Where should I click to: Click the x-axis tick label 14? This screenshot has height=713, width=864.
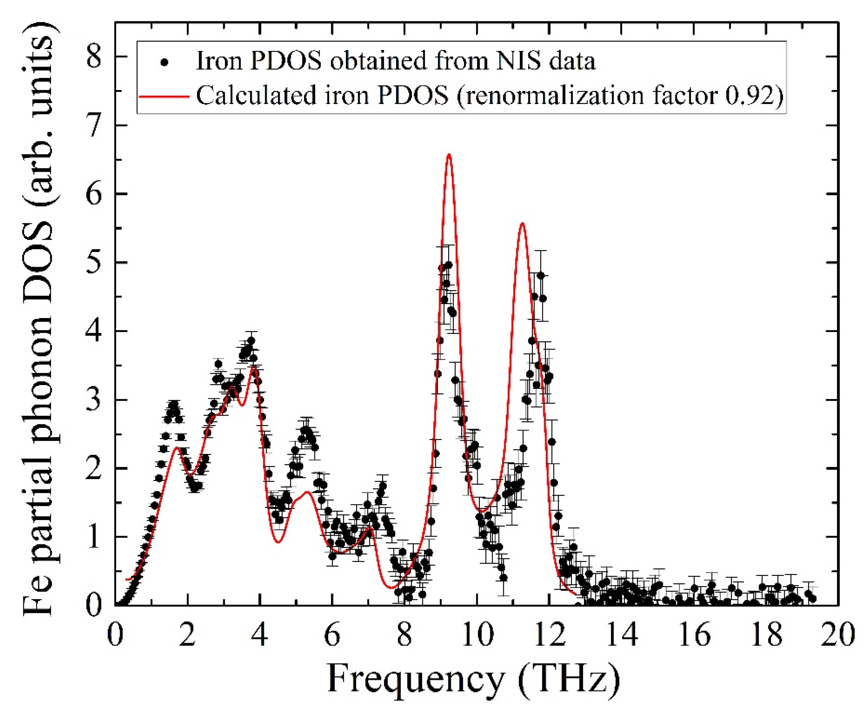tap(622, 635)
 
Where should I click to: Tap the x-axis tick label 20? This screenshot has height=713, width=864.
tap(838, 635)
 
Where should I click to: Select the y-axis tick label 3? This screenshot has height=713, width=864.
tap(94, 400)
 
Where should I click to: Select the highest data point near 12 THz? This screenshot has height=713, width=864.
tap(541, 275)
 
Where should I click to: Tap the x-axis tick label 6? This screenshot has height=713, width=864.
tap(332, 635)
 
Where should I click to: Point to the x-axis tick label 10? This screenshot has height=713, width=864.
tap(477, 635)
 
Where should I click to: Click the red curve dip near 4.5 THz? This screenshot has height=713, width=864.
tap(278, 542)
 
